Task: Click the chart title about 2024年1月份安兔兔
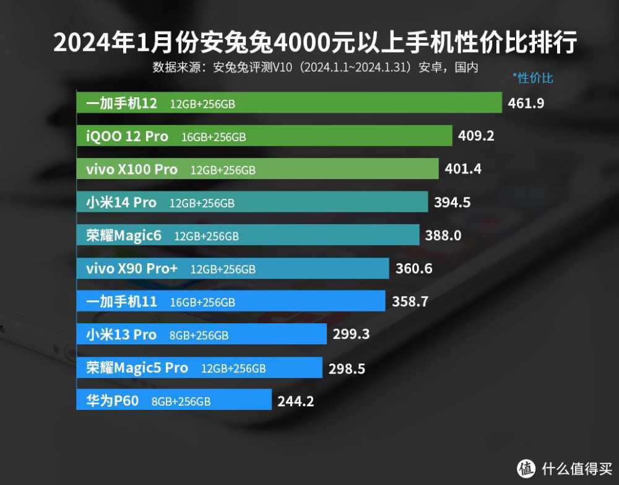pos(315,43)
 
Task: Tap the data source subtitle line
pos(315,68)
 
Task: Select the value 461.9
pos(526,103)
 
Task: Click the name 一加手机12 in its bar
pos(121,103)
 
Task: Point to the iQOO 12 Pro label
pos(127,136)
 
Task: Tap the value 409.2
pos(476,136)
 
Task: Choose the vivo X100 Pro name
pos(132,169)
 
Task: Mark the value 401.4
pos(463,168)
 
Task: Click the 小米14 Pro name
pos(121,203)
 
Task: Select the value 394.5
pos(452,202)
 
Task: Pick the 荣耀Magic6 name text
pos(124,235)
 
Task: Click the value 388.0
pos(443,235)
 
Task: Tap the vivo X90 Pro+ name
pos(132,269)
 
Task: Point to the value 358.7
pos(410,302)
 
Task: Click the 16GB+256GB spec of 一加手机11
pos(202,303)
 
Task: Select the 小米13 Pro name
pos(121,335)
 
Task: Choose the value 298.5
pos(346,369)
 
